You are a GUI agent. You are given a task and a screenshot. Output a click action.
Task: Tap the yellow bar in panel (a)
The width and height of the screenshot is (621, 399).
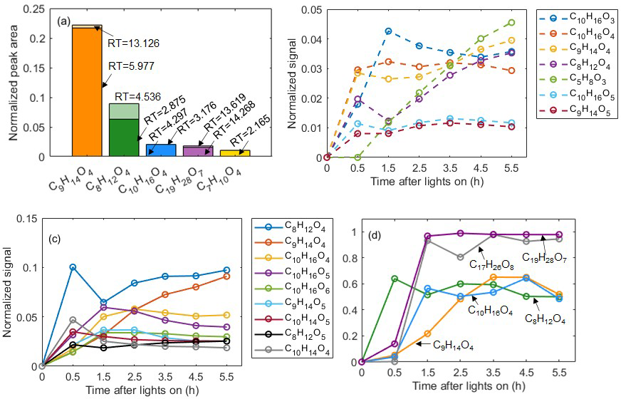tap(234, 152)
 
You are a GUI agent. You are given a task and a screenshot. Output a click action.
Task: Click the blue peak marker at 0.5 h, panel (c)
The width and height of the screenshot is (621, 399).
tap(73, 267)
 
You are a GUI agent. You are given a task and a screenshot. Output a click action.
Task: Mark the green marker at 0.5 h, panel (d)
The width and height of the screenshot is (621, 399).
tap(395, 279)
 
